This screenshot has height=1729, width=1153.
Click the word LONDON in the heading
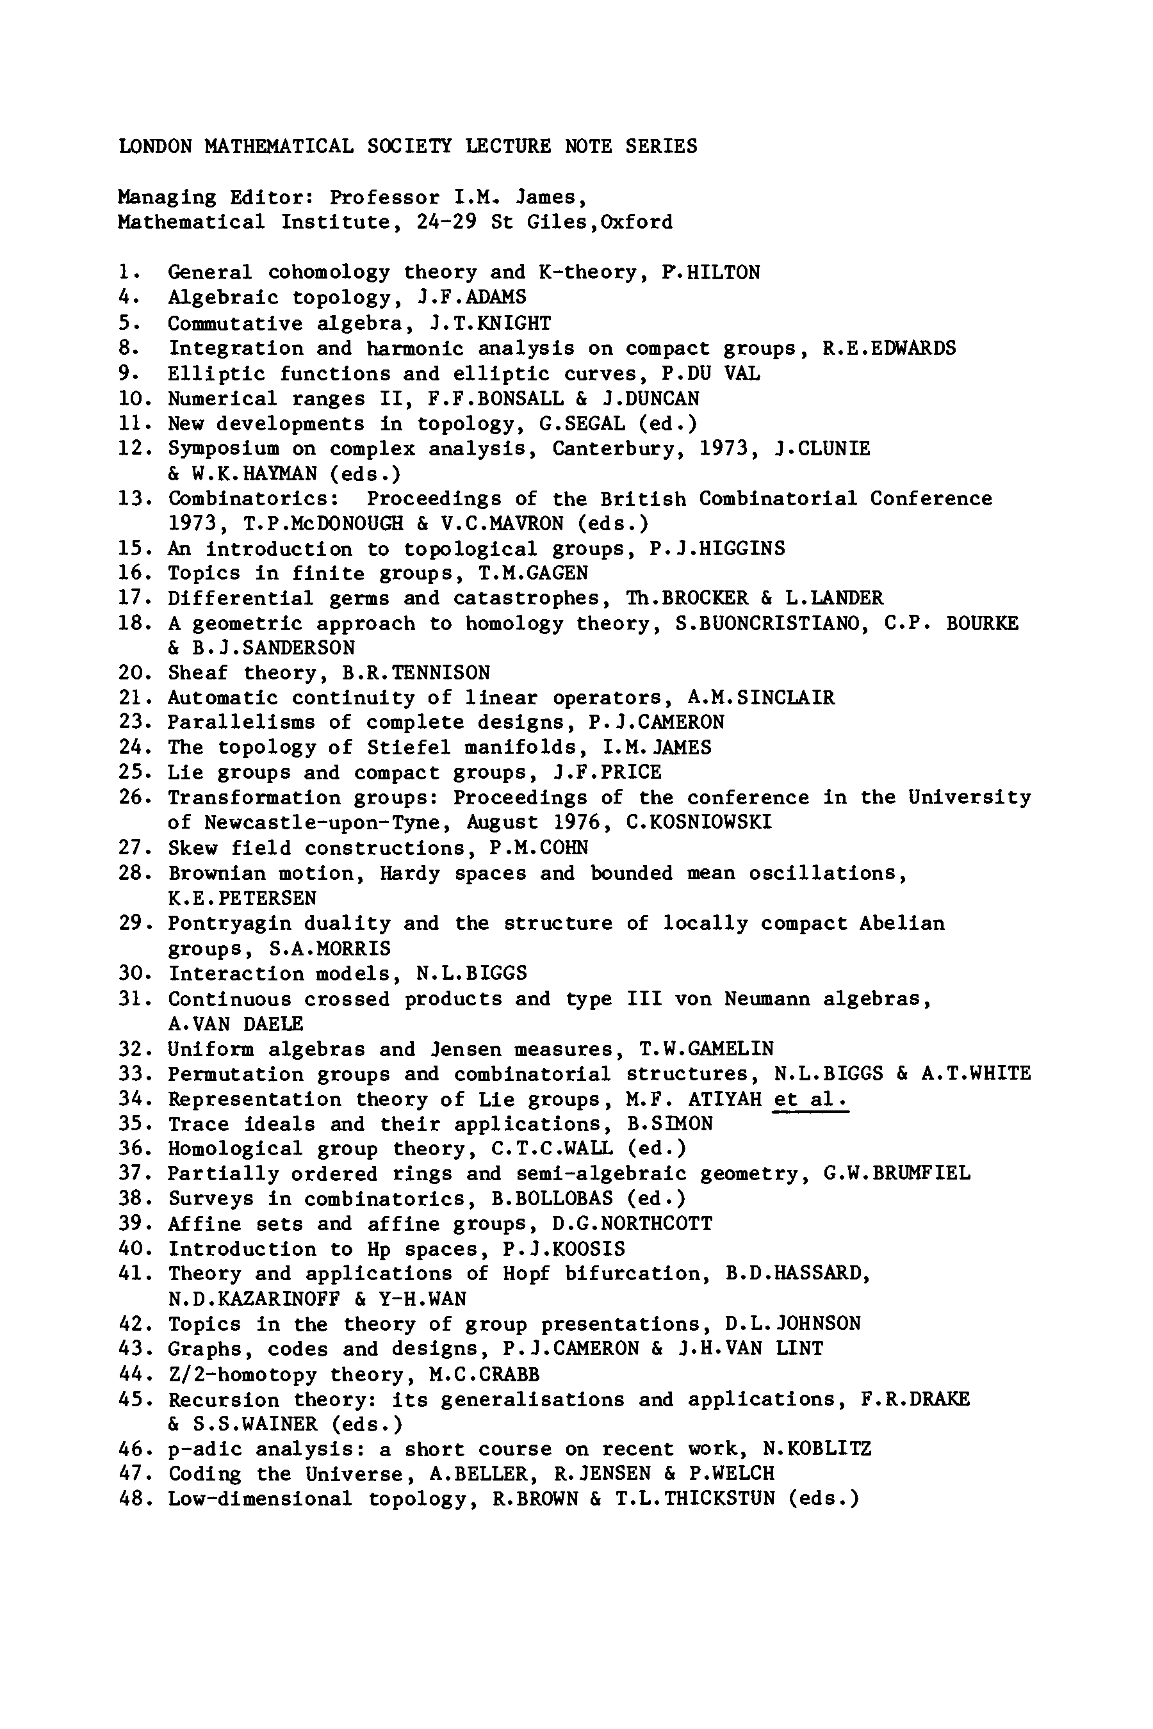(155, 146)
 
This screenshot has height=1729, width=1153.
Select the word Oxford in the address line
(637, 222)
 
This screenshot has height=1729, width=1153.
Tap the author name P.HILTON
(711, 273)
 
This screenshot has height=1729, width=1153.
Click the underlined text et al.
(811, 1099)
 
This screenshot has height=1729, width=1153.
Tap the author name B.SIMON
(675, 1124)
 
